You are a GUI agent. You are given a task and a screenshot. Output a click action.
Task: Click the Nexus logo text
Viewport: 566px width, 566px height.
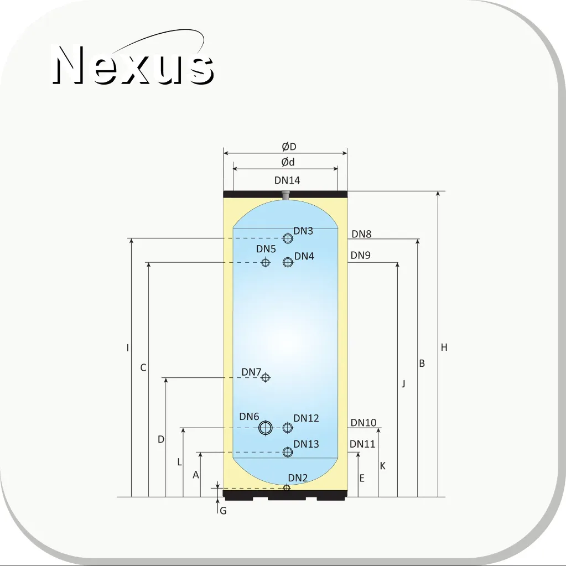click(x=133, y=65)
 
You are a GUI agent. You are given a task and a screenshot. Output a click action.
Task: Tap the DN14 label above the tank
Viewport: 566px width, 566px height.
click(x=287, y=180)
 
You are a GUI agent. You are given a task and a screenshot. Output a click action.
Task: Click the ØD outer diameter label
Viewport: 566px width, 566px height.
click(x=289, y=147)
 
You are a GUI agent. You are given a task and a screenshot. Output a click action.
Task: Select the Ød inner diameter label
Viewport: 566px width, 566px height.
click(x=288, y=162)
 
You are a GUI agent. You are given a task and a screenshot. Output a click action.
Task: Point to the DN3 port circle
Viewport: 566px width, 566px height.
click(x=288, y=238)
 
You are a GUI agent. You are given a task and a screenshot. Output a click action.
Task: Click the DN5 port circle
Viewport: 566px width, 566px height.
click(x=266, y=262)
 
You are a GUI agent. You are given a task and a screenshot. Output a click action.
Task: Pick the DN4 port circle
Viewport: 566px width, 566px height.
click(x=288, y=262)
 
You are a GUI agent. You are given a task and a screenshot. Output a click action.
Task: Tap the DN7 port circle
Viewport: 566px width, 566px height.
click(x=266, y=377)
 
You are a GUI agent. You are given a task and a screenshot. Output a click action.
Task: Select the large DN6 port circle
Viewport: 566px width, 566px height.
click(x=266, y=428)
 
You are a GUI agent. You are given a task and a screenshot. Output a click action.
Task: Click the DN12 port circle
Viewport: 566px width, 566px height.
click(x=288, y=428)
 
